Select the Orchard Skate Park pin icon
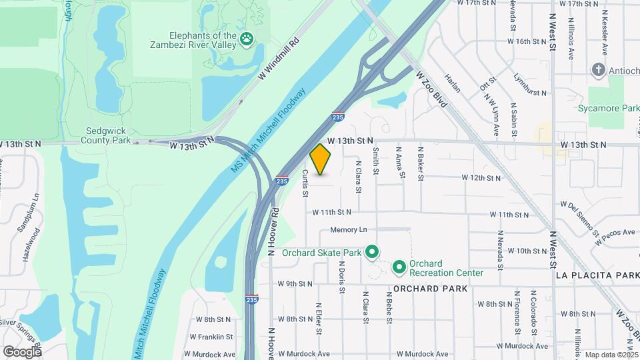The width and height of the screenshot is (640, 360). pyautogui.click(x=373, y=253)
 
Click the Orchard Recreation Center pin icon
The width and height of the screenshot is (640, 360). pyautogui.click(x=399, y=268)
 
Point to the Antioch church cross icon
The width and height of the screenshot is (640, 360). pyautogui.click(x=599, y=70)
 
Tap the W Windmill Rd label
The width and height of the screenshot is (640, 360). pyautogui.click(x=278, y=61)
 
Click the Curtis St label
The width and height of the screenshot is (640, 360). pyautogui.click(x=305, y=183)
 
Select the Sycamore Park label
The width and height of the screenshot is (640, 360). pyautogui.click(x=609, y=108)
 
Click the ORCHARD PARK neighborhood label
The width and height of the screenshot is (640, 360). pyautogui.click(x=431, y=289)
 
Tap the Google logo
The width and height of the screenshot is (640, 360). pyautogui.click(x=22, y=351)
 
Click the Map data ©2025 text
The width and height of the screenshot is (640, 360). pyautogui.click(x=610, y=355)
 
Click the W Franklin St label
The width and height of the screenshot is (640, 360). pyautogui.click(x=211, y=337)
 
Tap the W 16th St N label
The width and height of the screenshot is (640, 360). pyautogui.click(x=527, y=41)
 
